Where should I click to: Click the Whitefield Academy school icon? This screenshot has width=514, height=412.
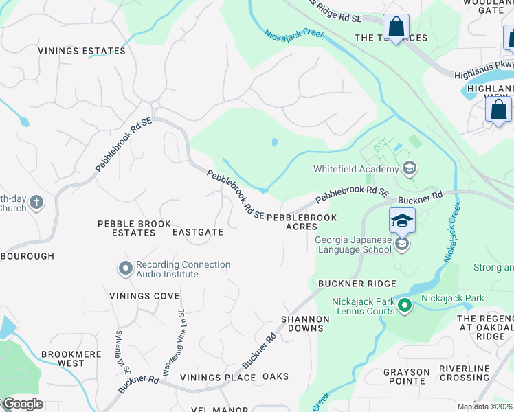tap(410, 169)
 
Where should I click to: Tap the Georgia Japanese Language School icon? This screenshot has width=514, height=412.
tap(402, 244)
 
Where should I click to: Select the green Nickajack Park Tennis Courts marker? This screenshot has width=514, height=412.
tap(405, 306)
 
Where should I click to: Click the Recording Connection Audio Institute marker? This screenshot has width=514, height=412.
tap(125, 269)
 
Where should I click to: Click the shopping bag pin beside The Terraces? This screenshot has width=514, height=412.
tap(396, 27)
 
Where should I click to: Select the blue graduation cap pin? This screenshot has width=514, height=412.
tap(402, 221)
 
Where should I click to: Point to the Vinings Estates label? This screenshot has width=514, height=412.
tap(82, 51)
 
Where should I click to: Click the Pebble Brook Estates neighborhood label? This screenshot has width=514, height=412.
tap(126, 228)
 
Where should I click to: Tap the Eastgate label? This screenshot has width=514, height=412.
tap(198, 232)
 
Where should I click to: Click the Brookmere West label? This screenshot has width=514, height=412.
tap(71, 358)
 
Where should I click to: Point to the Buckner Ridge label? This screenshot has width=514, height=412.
tap(357, 284)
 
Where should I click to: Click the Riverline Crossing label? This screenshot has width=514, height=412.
tap(473, 373)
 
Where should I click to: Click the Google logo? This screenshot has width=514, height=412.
tap(22, 404)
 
